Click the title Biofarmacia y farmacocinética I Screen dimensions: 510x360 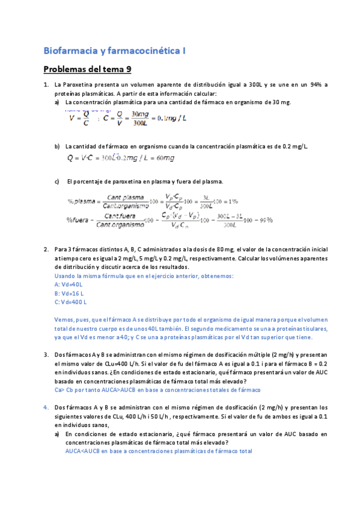(115, 51)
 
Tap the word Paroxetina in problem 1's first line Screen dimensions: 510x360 (78, 85)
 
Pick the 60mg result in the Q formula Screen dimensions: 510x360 (163, 158)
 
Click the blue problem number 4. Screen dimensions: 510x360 (46, 407)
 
